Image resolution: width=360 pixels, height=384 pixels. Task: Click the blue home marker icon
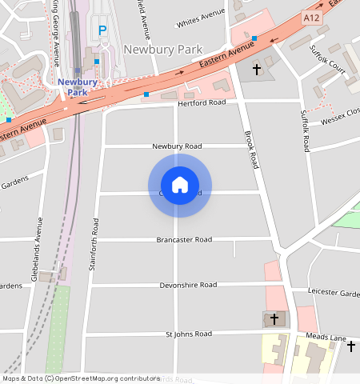click(x=180, y=185)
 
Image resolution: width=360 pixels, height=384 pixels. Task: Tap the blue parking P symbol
click(x=102, y=30)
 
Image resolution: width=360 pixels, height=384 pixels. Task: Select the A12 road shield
click(x=312, y=16)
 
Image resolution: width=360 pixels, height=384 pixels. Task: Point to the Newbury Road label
click(x=177, y=146)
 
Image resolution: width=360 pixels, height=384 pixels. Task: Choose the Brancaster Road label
click(x=184, y=239)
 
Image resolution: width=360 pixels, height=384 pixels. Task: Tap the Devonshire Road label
click(x=188, y=285)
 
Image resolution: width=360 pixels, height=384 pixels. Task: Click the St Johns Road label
click(x=188, y=333)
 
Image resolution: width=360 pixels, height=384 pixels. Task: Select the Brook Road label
click(x=251, y=149)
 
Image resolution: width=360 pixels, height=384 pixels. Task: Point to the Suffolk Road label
click(x=305, y=131)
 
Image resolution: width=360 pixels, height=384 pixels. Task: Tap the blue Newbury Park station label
click(x=77, y=86)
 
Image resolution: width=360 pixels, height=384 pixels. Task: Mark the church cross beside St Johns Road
click(x=274, y=318)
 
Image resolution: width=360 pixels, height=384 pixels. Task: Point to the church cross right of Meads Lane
click(x=351, y=346)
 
